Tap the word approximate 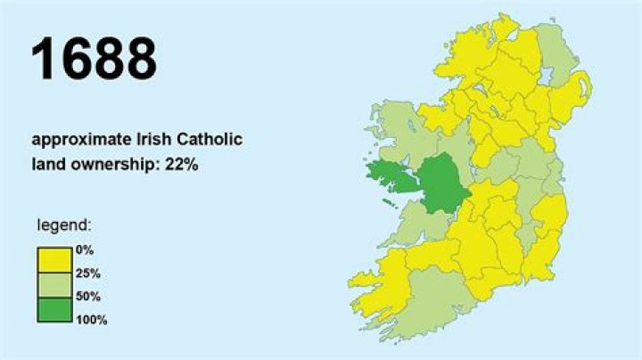[76, 140]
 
